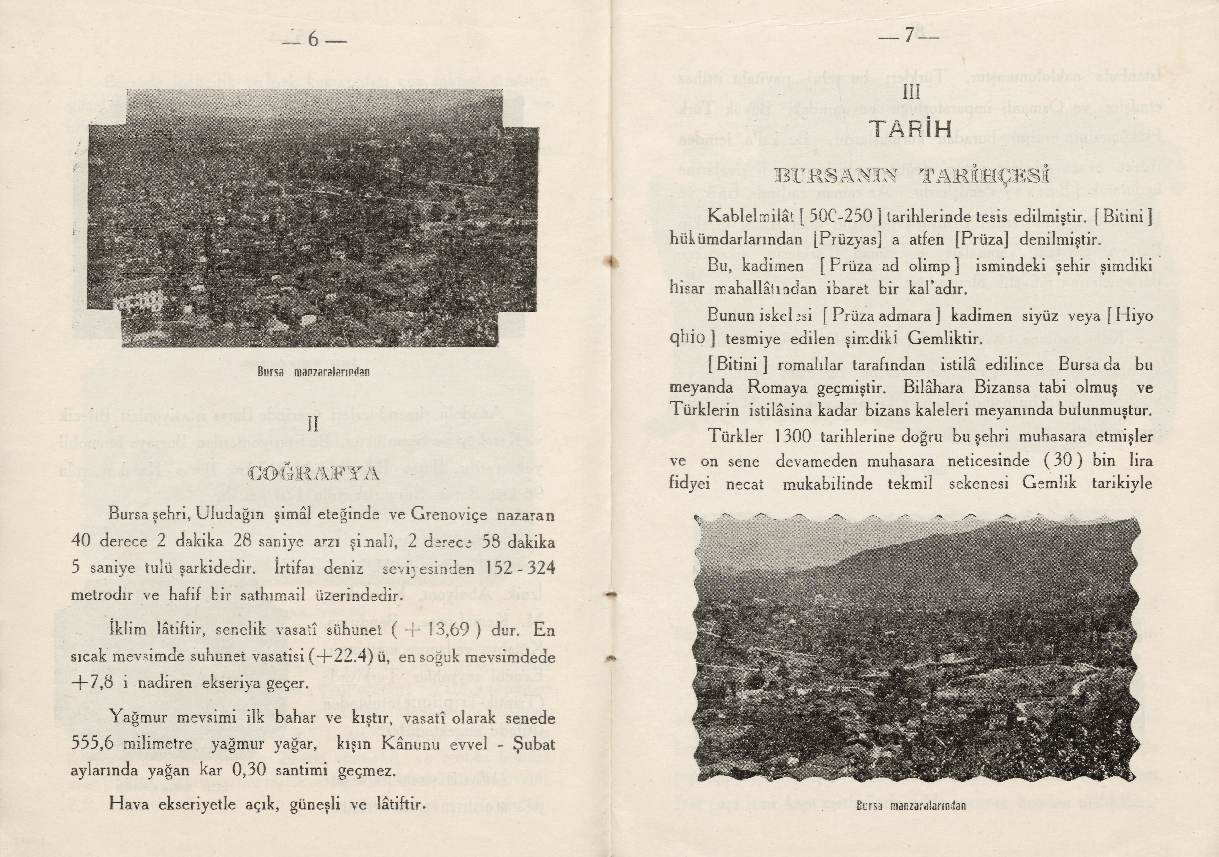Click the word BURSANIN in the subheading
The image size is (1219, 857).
point(835,177)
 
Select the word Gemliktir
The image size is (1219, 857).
point(945,338)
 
